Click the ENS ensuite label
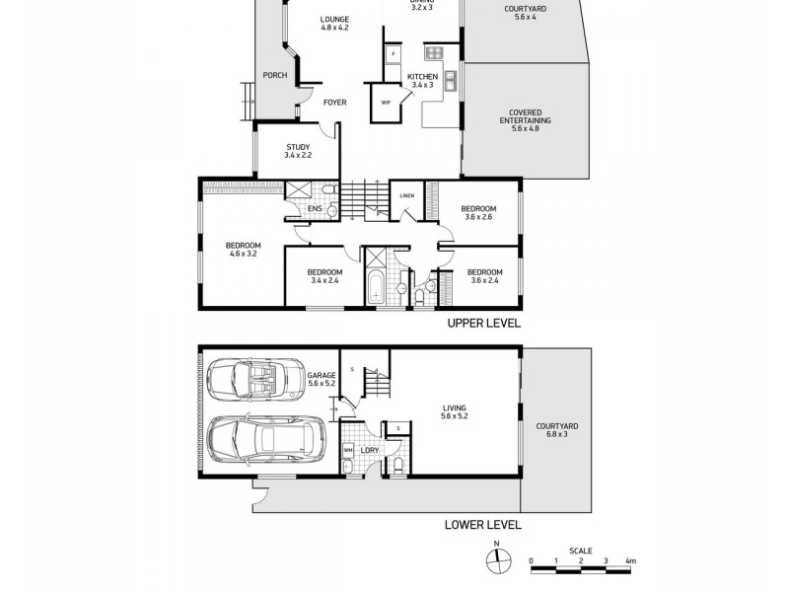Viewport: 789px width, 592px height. (x=314, y=209)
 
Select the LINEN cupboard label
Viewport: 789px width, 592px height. (x=407, y=194)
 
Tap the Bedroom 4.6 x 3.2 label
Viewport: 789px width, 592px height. (x=243, y=250)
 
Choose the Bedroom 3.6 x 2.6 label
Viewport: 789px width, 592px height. (x=478, y=213)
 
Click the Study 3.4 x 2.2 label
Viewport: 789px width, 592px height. (x=297, y=151)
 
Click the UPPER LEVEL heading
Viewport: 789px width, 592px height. (x=483, y=324)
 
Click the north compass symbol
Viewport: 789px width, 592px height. (x=498, y=559)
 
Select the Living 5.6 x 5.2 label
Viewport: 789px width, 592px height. (x=455, y=411)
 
